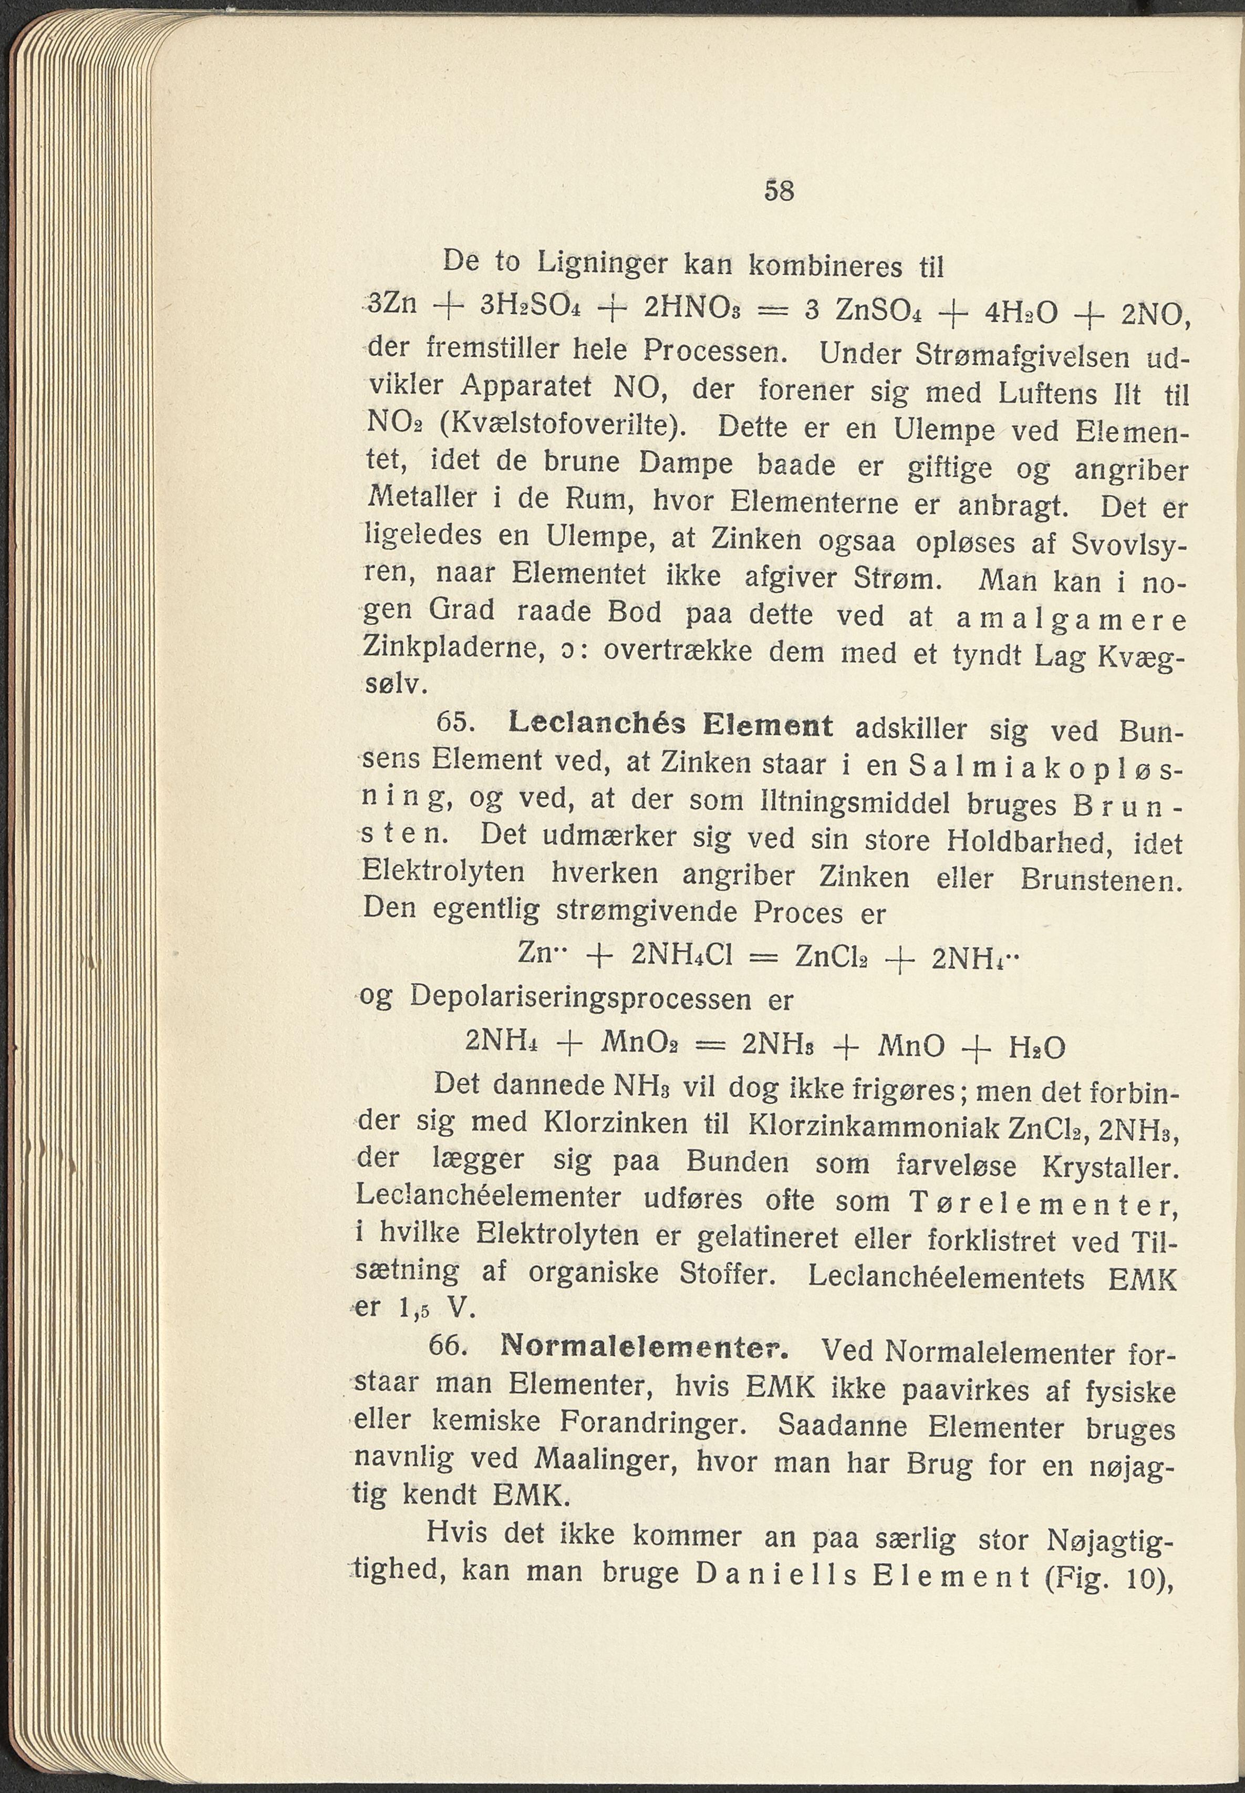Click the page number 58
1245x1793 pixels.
[x=779, y=190]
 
